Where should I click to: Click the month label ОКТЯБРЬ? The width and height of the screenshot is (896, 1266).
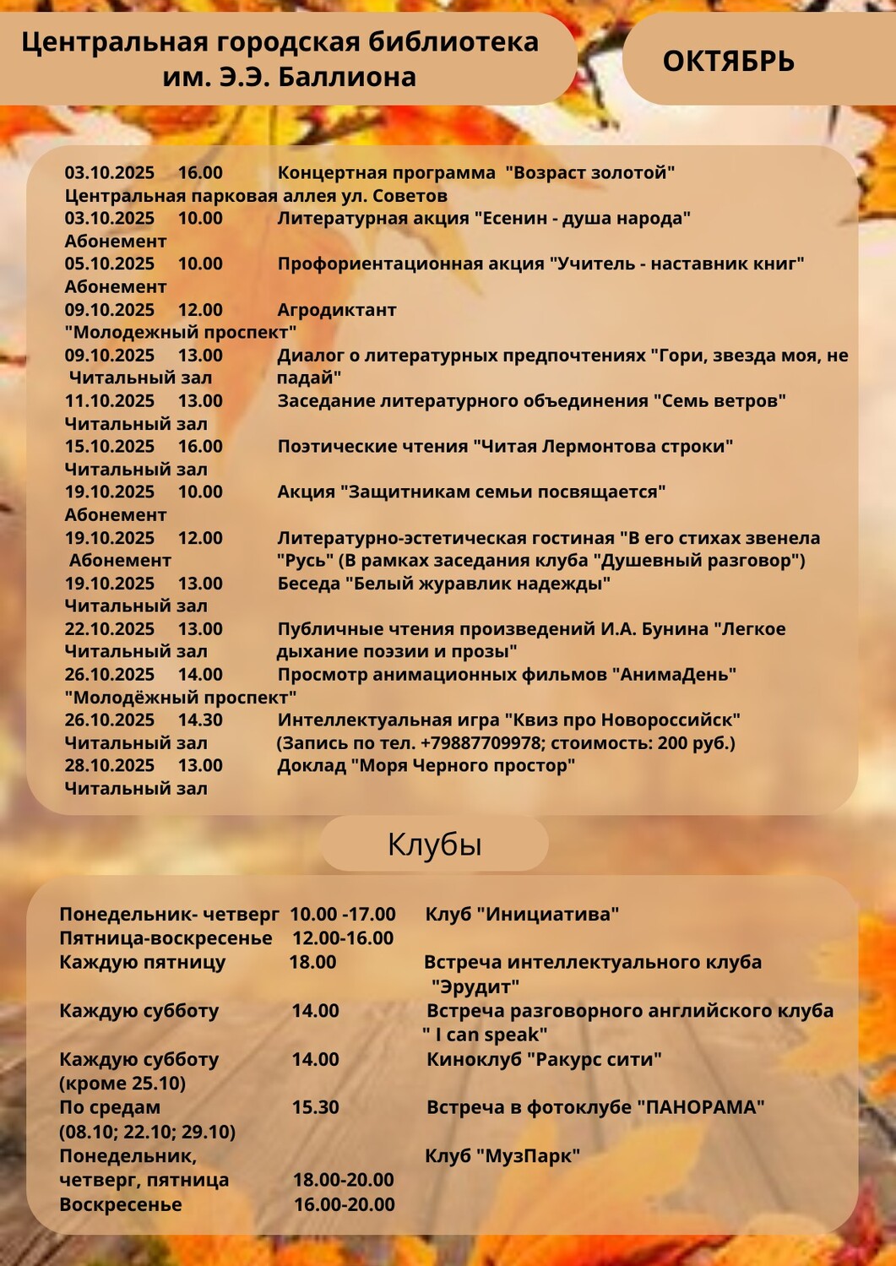[x=728, y=62]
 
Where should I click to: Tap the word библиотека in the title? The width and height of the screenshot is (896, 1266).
[x=468, y=41]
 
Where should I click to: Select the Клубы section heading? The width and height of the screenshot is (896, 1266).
[x=434, y=844]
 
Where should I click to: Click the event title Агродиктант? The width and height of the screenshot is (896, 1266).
[x=336, y=310]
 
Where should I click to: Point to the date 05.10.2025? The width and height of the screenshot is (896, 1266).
[x=110, y=264]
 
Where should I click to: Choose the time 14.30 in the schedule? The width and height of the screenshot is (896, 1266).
[x=200, y=720]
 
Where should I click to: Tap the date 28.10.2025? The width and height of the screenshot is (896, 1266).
[x=110, y=766]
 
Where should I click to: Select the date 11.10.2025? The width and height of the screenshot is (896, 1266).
[x=110, y=401]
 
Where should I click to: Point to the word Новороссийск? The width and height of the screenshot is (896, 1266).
[x=665, y=720]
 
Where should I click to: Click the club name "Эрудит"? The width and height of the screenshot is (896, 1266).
[x=475, y=986]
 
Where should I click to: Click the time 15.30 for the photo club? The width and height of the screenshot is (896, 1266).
[x=315, y=1107]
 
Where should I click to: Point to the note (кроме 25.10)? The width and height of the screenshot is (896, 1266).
[x=122, y=1084]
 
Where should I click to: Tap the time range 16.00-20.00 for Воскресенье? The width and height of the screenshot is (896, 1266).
[x=344, y=1205]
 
